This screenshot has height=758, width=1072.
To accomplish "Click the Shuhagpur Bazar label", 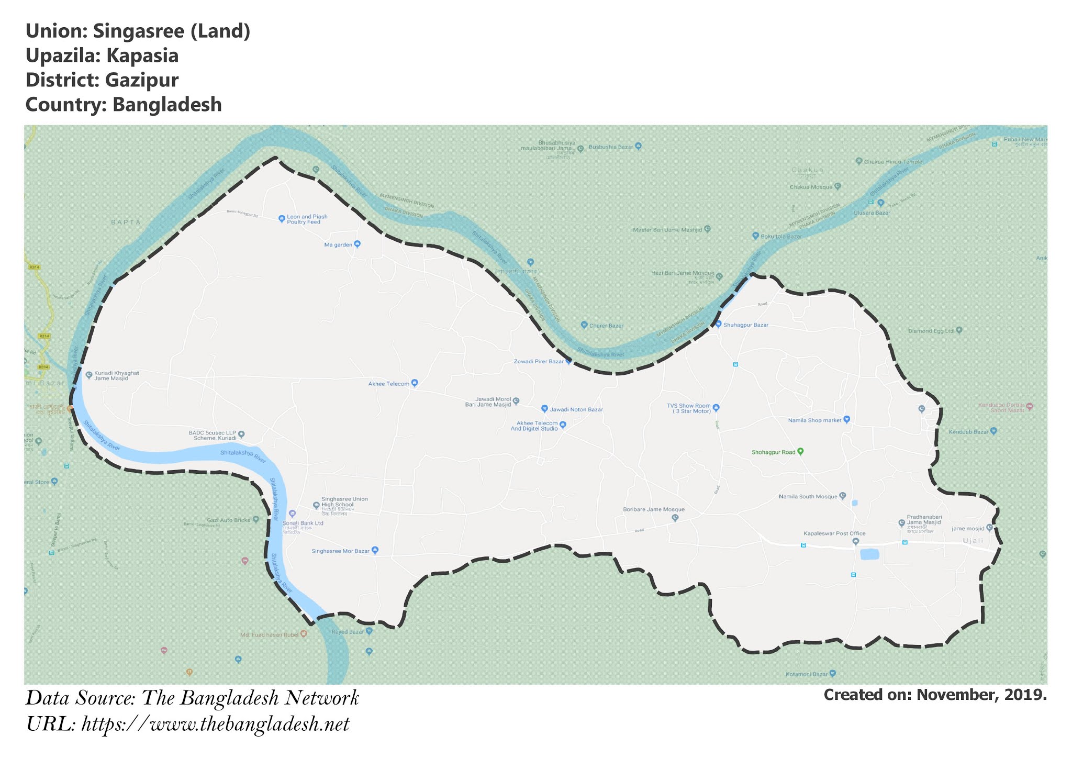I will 746,325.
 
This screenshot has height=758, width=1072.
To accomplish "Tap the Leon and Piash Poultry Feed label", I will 307,219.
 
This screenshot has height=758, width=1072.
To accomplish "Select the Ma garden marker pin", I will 358,244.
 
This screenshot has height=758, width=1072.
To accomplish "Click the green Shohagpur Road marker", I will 800,451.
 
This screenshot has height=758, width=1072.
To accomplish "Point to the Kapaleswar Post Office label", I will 834,533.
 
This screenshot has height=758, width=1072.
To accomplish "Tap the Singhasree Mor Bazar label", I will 340,551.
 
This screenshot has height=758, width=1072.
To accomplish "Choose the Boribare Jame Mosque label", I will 653,509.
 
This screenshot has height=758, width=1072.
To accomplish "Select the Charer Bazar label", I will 606,326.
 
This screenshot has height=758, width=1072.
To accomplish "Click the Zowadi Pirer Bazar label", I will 539,362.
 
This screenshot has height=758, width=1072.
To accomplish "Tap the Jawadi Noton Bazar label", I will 576,409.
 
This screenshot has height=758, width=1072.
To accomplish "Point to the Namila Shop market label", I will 814,420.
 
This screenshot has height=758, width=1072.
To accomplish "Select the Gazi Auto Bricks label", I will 229,520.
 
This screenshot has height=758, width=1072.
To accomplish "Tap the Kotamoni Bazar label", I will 806,674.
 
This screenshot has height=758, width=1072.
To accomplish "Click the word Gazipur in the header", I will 141,80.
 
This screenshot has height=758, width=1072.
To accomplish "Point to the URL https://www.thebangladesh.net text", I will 215,724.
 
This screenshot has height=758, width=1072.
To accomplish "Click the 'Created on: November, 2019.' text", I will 935,695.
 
